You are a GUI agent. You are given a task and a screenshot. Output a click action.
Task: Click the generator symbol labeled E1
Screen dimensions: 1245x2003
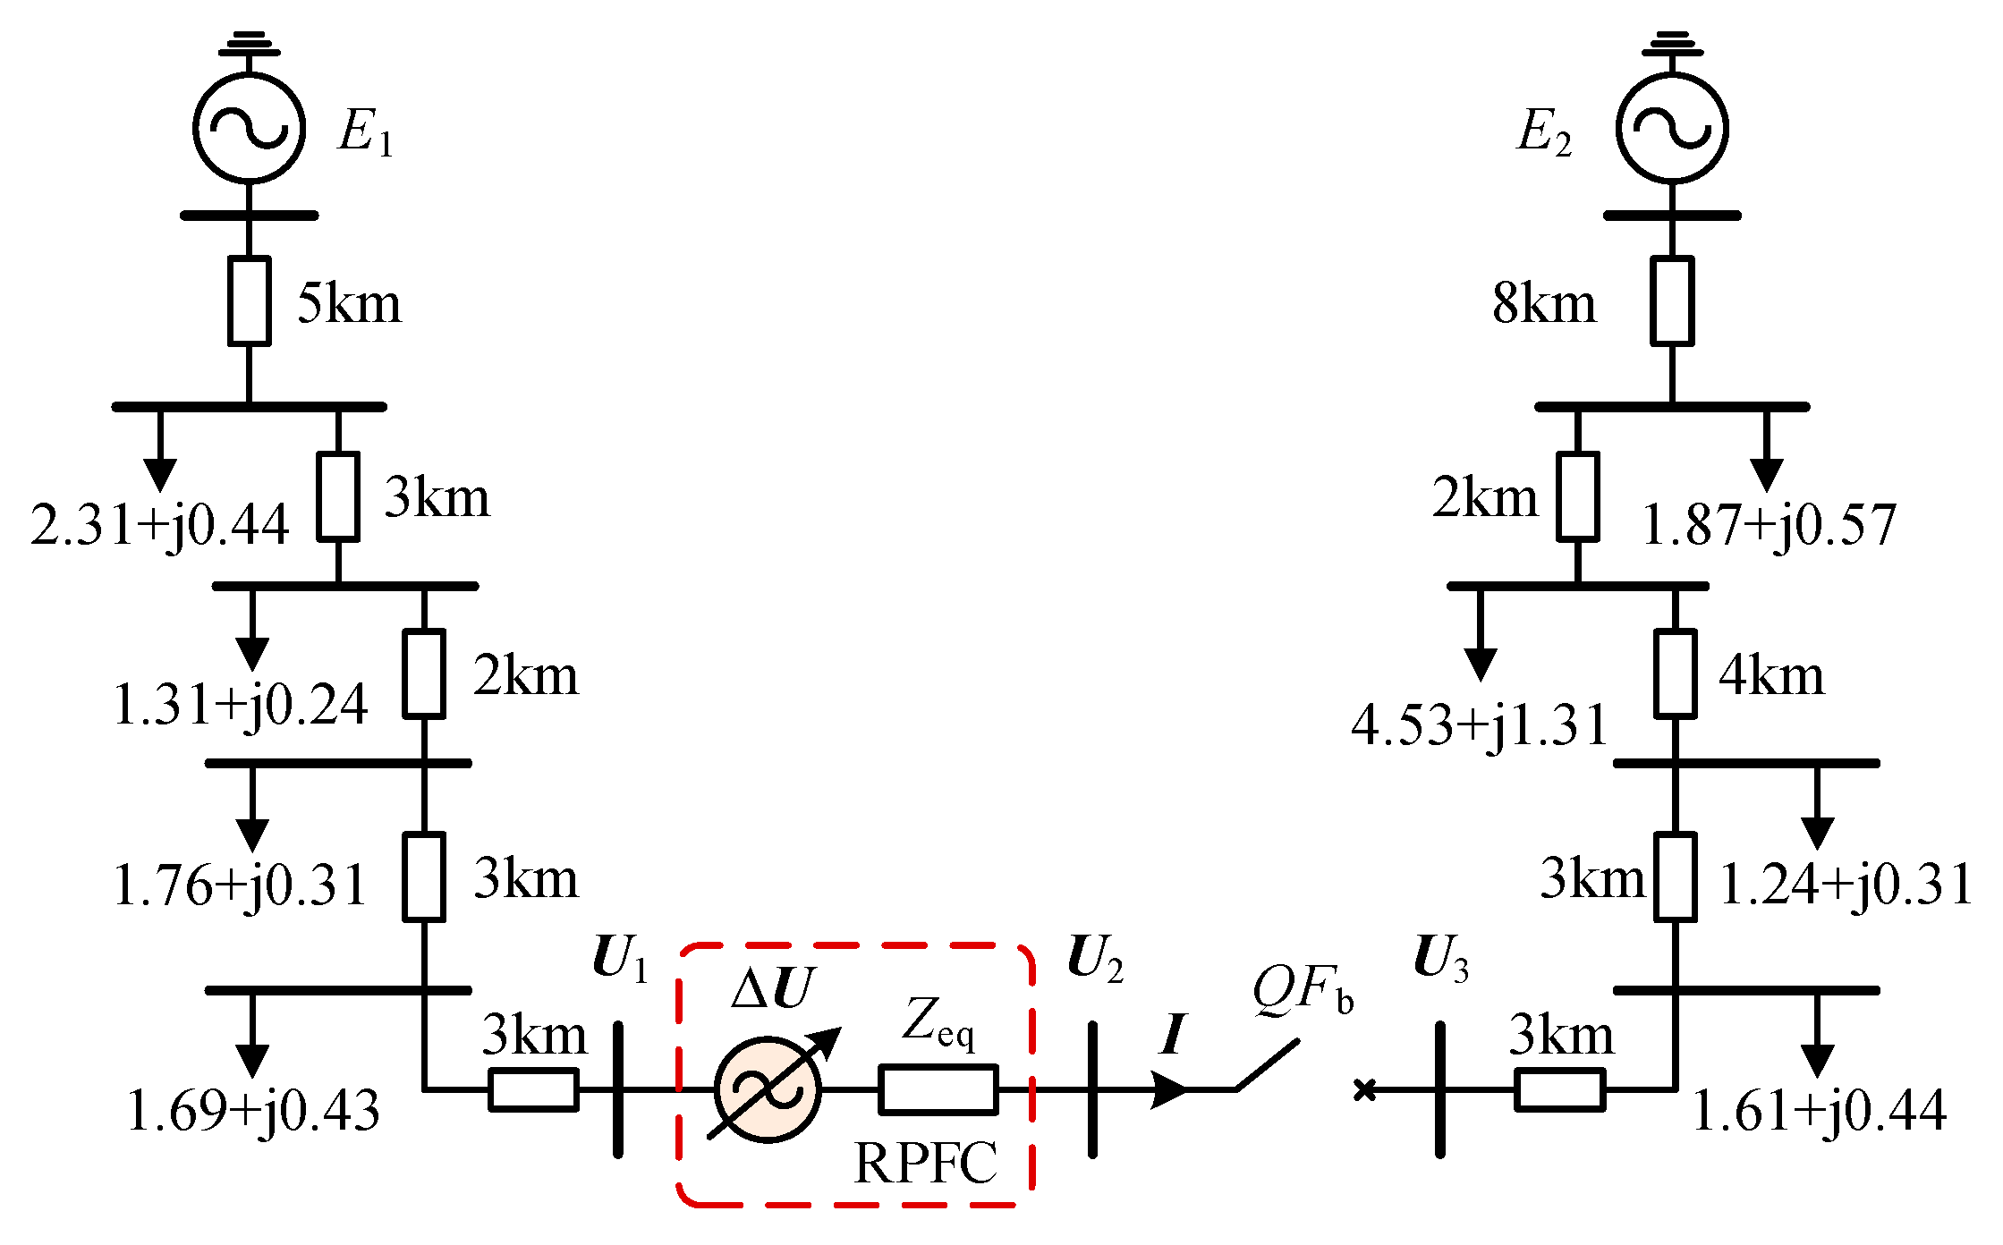pos(249,127)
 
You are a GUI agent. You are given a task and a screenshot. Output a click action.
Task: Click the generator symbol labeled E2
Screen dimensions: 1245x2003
pos(1671,127)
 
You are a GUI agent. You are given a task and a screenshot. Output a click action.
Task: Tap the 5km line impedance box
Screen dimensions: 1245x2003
pos(249,301)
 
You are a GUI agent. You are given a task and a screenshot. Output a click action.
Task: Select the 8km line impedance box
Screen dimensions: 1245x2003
pos(1671,301)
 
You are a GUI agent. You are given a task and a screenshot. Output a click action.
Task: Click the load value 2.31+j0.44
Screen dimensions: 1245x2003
pos(159,525)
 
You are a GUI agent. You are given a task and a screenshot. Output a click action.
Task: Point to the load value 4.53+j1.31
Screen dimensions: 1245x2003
pos(1479,725)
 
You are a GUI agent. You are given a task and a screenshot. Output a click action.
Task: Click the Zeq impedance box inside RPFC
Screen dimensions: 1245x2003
pos(938,1089)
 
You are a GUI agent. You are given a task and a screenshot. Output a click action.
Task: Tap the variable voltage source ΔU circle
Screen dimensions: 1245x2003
pos(768,1089)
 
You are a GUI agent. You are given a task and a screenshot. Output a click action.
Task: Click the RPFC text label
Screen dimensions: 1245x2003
pos(925,1164)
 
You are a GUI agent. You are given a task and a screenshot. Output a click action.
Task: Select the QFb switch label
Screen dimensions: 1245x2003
pos(1302,990)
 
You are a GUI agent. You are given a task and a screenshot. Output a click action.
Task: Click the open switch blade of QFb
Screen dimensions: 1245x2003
pos(1267,1065)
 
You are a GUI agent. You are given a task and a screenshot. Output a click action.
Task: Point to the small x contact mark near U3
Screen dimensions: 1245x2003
pos(1364,1089)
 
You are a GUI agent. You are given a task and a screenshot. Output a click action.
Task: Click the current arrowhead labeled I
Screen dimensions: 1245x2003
pos(1169,1089)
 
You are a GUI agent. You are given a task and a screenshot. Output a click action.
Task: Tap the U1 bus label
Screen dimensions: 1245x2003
pos(619,961)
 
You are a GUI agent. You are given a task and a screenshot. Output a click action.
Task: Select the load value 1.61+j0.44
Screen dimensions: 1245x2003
pos(1819,1112)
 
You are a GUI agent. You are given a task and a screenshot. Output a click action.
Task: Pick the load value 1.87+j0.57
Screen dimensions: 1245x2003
pos(1769,525)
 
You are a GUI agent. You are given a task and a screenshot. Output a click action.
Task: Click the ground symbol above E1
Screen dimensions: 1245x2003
pos(249,44)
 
